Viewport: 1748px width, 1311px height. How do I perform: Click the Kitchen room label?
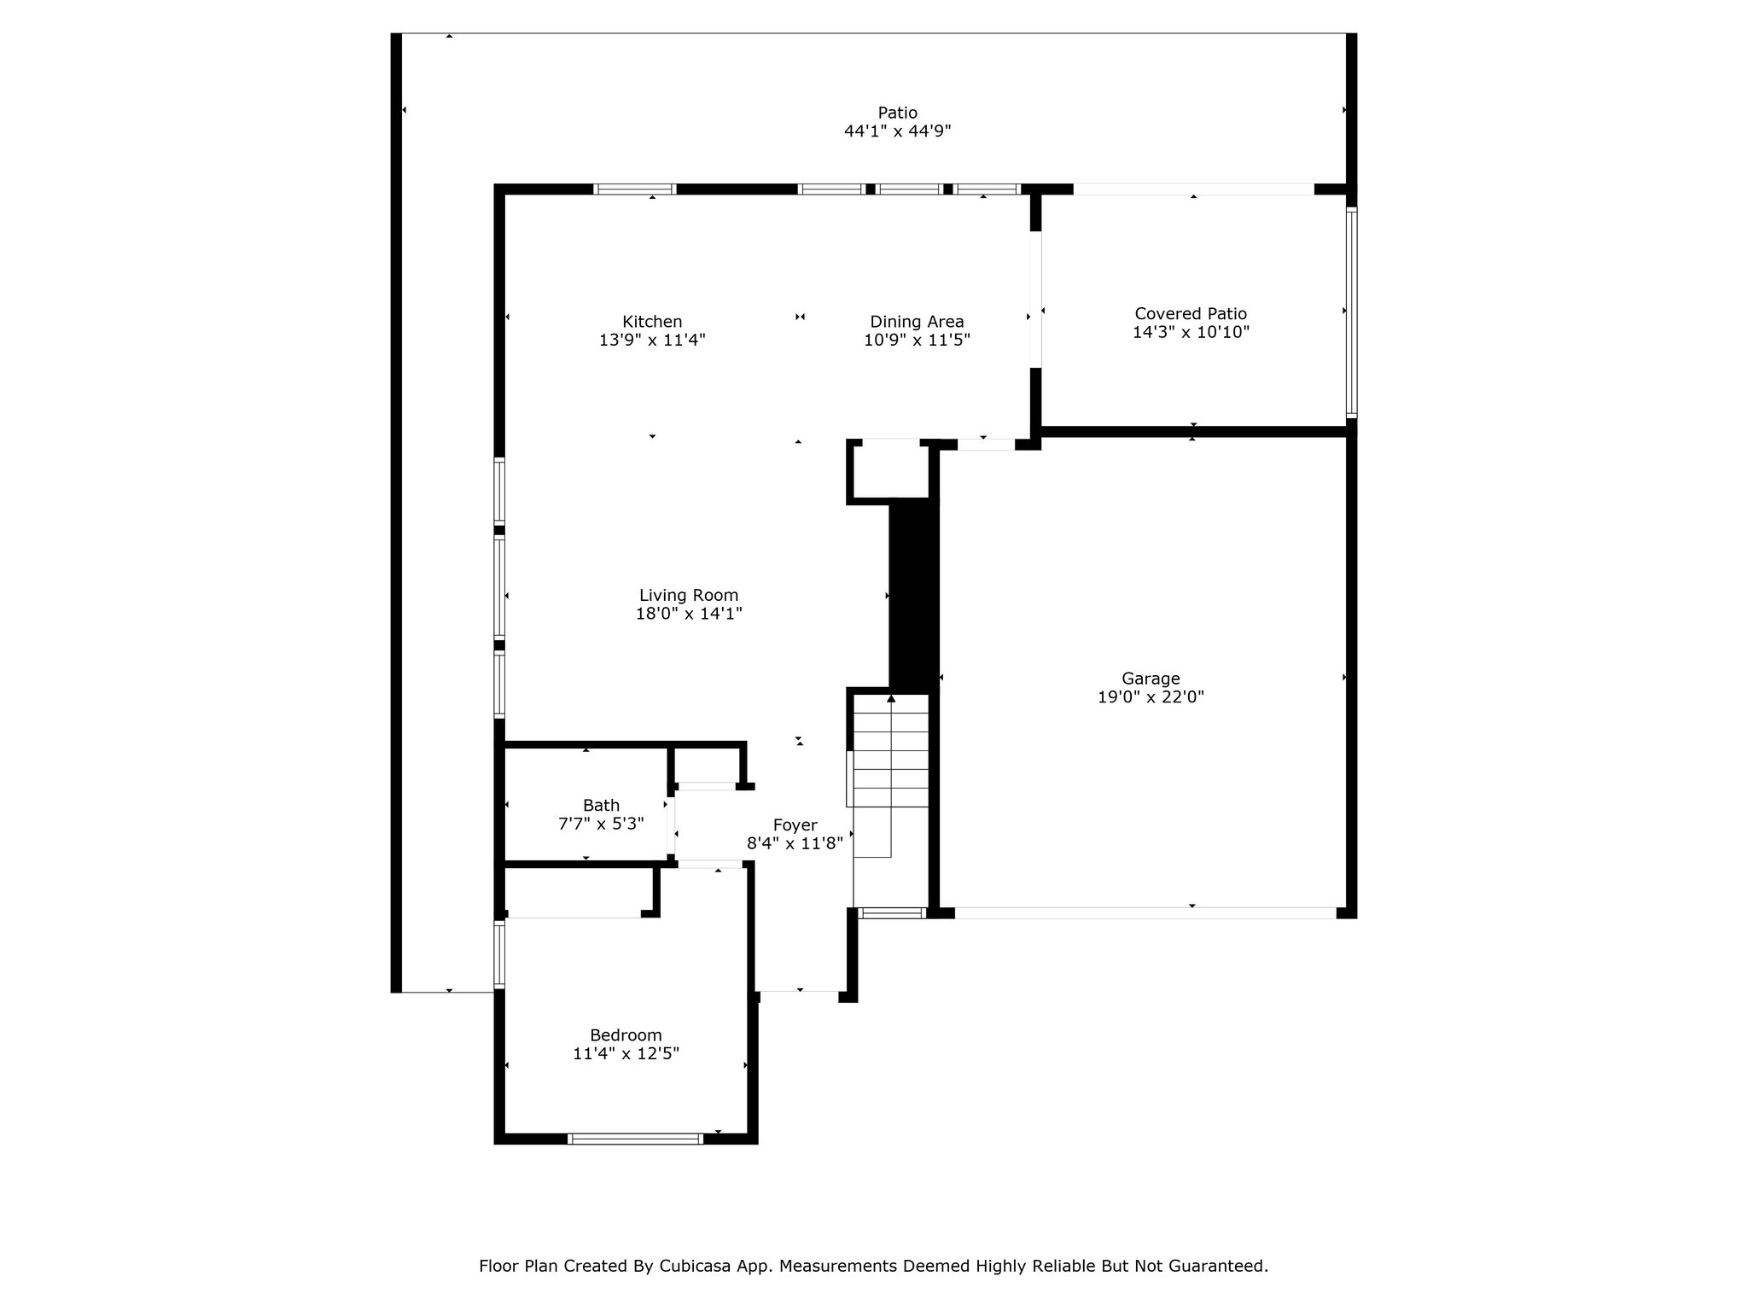[x=652, y=322]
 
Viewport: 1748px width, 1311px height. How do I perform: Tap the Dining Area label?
[x=917, y=322]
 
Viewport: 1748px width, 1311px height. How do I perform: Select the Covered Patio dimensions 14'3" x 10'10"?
[x=1191, y=332]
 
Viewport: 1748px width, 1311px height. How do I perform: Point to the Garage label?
[x=1151, y=679]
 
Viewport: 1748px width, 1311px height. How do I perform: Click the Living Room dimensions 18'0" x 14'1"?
[x=689, y=613]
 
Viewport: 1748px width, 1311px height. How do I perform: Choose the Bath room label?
[x=601, y=805]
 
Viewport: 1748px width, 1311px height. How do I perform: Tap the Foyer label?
[x=795, y=825]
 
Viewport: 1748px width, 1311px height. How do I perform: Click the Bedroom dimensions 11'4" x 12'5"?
[x=626, y=1053]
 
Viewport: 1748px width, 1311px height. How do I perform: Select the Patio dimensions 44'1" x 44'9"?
[x=897, y=131]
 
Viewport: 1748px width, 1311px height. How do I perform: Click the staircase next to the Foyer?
[x=891, y=776]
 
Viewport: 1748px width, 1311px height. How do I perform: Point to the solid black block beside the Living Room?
[x=913, y=595]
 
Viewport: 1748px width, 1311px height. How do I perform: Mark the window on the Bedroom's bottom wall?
[x=635, y=1138]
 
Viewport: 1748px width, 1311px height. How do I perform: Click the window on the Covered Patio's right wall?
[x=1351, y=312]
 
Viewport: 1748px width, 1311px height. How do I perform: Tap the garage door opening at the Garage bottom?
[x=1145, y=912]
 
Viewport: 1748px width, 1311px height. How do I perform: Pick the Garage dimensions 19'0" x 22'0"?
[x=1151, y=696]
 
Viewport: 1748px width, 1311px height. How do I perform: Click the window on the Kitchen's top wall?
[x=635, y=189]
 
